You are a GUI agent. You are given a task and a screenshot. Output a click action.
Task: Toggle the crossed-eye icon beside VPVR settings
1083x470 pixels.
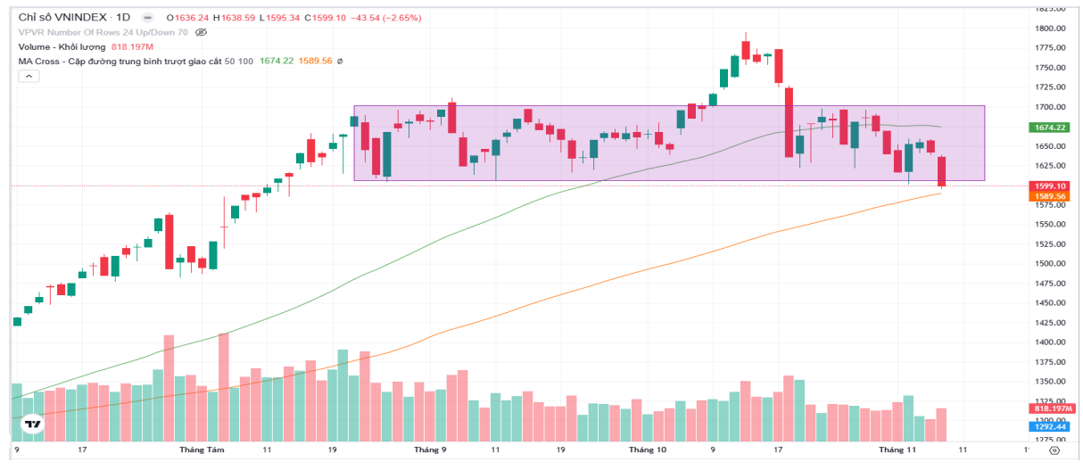[201, 32]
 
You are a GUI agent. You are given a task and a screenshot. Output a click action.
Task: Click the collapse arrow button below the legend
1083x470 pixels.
[29, 77]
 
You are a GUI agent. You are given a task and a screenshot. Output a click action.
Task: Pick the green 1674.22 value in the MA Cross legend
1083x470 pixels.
[277, 61]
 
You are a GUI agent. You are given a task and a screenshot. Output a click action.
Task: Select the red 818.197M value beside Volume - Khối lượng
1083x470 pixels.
[133, 46]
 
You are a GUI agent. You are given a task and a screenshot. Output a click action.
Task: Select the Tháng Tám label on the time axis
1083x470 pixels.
[202, 450]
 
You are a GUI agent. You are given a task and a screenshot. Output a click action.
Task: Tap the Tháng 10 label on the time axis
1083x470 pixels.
[648, 450]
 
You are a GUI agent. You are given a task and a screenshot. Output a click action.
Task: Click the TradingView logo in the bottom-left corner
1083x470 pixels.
[34, 425]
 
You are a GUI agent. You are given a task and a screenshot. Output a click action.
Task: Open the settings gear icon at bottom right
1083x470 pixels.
[1053, 451]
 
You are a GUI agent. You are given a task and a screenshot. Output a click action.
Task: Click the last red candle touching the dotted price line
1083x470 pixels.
[941, 171]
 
